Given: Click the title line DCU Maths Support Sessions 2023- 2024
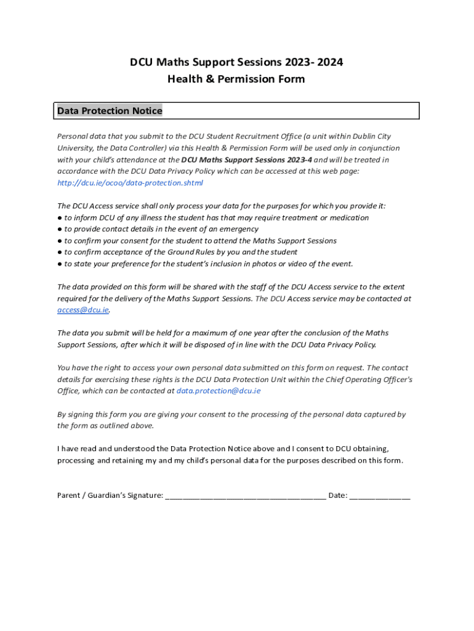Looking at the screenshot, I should coord(236,62).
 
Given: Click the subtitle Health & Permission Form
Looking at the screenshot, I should coord(236,79).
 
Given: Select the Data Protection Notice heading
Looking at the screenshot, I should coord(110,111).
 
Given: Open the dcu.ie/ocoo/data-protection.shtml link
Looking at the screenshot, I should coord(130,183).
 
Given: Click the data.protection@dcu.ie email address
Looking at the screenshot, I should coord(219,391).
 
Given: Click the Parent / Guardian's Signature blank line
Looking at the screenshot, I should coord(246,495).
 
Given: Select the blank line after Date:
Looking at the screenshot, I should coord(380,495).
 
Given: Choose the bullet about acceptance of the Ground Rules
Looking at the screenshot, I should coord(177,252).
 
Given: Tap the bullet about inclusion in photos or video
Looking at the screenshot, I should coord(206,264).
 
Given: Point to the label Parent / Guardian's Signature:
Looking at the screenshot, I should coord(110,495).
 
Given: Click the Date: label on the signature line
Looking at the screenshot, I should coord(338,495).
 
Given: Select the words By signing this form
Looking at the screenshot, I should coord(90,415).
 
